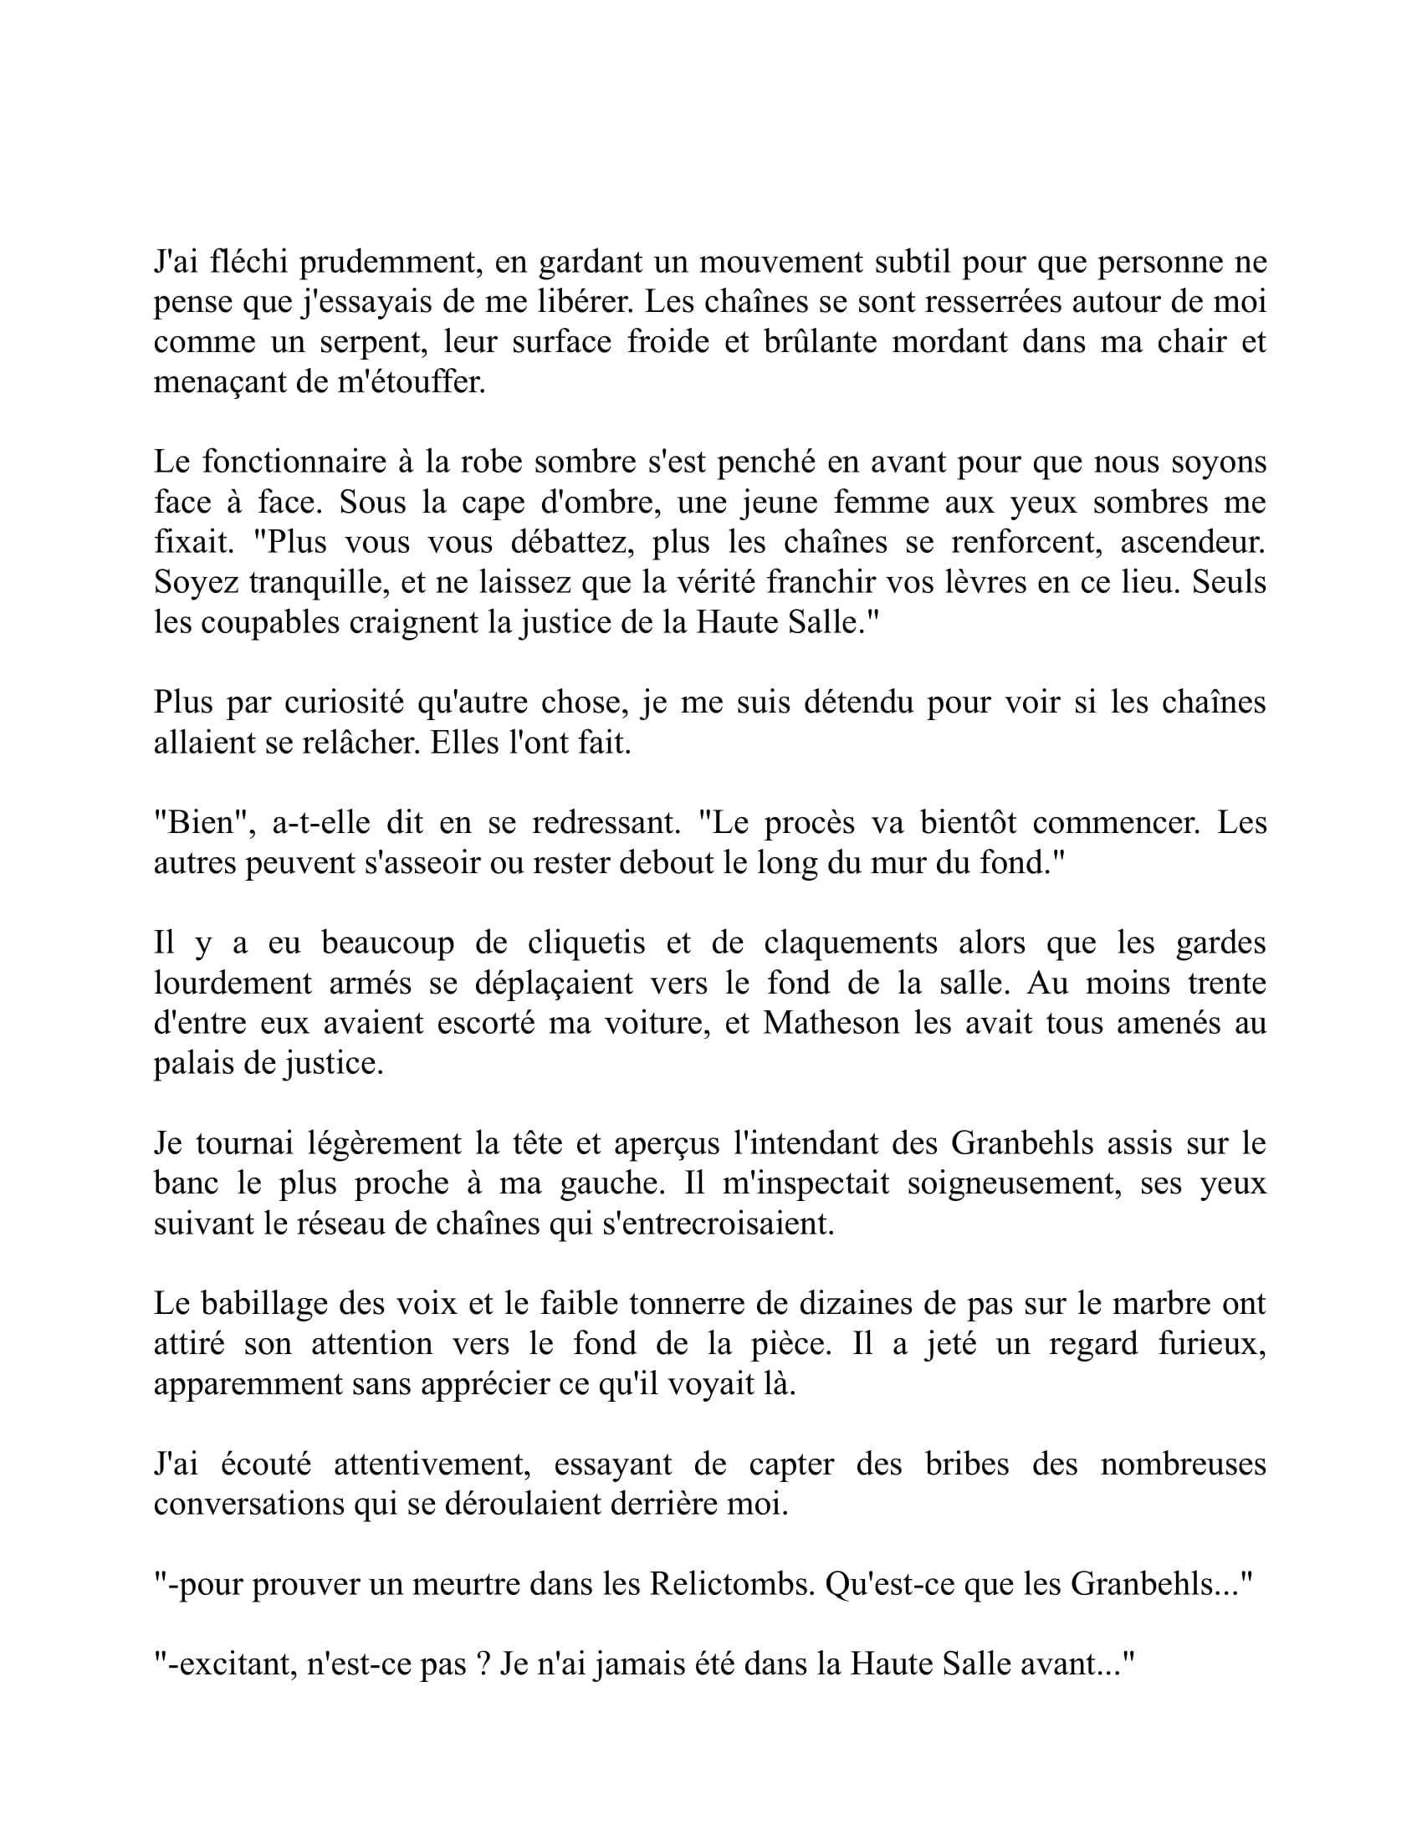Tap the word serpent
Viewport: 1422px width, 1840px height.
[373, 343]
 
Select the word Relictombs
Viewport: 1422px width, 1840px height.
[732, 1585]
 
